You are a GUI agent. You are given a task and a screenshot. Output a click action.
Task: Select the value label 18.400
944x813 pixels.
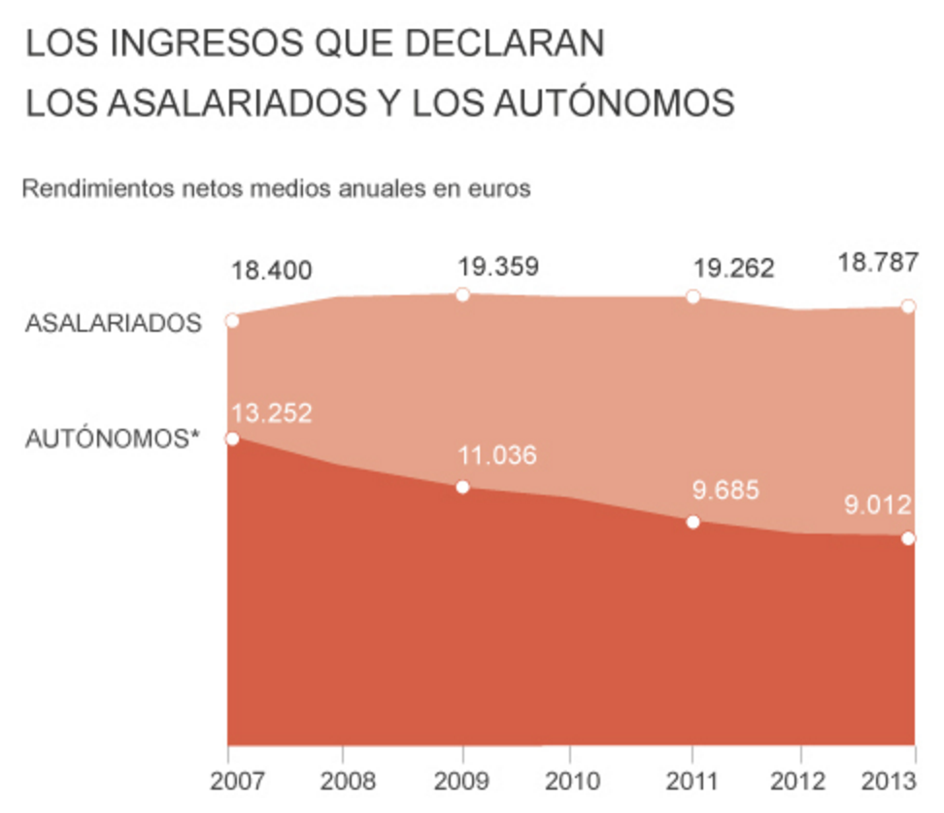point(272,271)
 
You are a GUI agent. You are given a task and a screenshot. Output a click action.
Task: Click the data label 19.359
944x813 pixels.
point(498,266)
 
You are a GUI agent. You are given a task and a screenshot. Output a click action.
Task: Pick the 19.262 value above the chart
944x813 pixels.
point(734,268)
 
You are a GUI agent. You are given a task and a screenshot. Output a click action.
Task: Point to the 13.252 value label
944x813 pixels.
point(272,413)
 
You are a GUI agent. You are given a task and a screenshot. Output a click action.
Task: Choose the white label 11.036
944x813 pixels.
point(498,454)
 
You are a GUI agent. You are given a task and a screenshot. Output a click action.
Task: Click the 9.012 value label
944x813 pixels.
point(876,504)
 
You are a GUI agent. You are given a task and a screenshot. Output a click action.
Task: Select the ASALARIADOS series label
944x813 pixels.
point(114,323)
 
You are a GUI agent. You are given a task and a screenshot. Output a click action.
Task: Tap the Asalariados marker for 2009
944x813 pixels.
point(463,294)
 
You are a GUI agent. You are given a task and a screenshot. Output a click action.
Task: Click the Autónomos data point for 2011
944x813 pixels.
point(692,522)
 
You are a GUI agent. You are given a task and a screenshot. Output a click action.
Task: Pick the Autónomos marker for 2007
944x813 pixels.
point(232,439)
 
